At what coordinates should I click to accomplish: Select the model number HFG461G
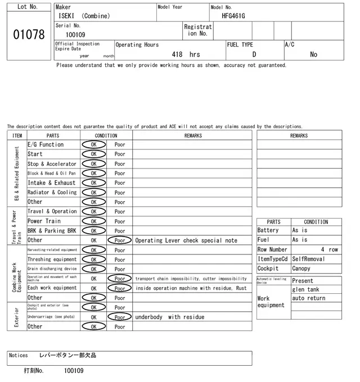[233, 16]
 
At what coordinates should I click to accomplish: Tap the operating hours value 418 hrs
[186, 54]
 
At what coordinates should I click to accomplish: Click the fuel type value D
[254, 54]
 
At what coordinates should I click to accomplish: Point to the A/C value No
[313, 54]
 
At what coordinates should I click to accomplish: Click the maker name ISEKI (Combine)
[84, 16]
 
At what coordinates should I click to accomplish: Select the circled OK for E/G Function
[93, 144]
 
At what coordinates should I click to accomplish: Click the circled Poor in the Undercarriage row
[120, 317]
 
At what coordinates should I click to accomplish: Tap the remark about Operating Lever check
[186, 240]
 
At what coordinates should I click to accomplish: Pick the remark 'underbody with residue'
[169, 317]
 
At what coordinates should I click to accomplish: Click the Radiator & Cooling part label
[52, 192]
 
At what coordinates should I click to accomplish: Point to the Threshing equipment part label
[52, 260]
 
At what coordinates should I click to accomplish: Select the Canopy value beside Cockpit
[301, 269]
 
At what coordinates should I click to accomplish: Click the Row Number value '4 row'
[330, 249]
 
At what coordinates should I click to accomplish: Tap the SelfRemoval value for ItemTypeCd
[309, 259]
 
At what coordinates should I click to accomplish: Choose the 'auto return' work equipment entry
[308, 298]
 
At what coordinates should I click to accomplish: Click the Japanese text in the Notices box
[67, 356]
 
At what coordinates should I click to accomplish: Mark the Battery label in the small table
[268, 230]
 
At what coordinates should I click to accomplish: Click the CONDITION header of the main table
[106, 135]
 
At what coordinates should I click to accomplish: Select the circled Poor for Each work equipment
[120, 288]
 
